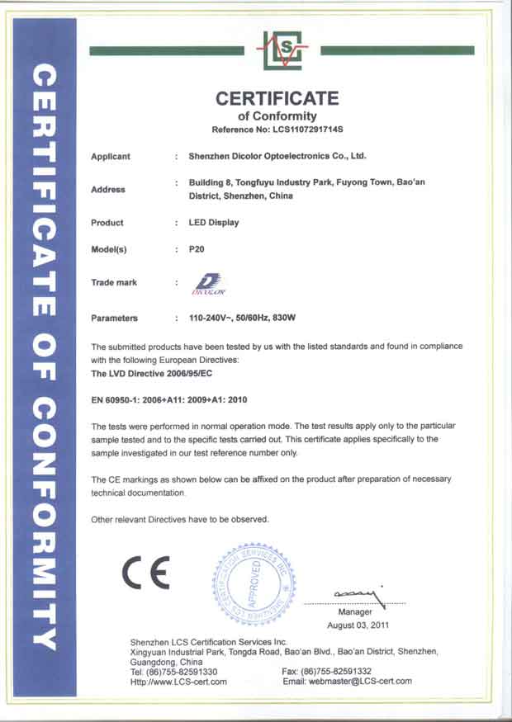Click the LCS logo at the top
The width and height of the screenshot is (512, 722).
(282, 50)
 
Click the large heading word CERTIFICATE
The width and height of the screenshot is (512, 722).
(277, 98)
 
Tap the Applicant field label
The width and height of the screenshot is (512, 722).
(111, 156)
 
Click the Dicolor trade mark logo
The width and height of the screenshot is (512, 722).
(204, 284)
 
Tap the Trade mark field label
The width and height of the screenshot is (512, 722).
(114, 283)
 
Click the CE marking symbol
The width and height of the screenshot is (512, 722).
(146, 571)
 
